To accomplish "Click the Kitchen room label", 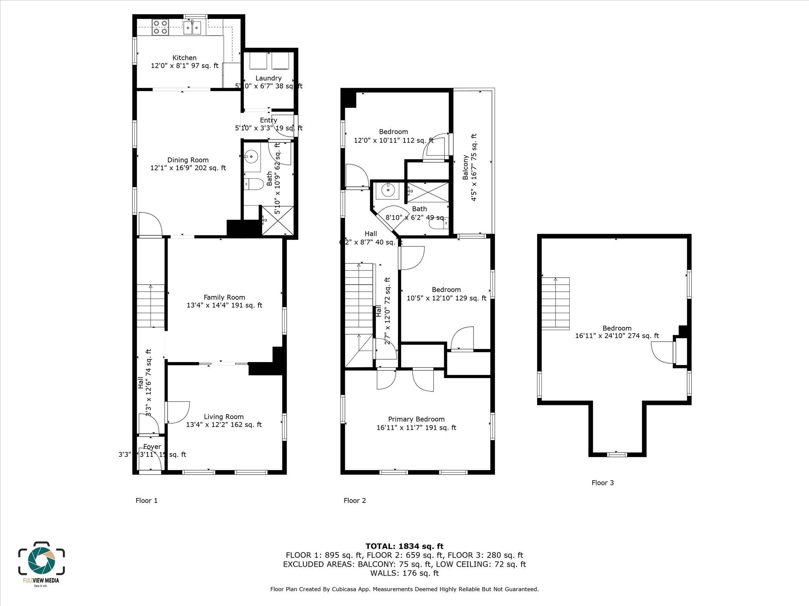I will pos(184,58).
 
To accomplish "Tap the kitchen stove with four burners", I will pos(160,27).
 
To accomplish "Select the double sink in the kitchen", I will pos(192,27).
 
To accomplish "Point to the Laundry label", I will pos(269,78).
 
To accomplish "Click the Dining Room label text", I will pos(188,160).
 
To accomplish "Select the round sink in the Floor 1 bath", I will pos(251,157).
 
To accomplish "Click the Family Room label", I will pos(224,297).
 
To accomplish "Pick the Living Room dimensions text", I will pos(224,425).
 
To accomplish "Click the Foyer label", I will pos(152,447).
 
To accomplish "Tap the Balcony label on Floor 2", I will pos(465,167).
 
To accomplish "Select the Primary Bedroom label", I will pos(416,419).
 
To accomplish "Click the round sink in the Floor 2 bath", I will pos(386,190).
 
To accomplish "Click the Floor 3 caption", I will pos(603,483).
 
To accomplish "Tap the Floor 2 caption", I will pos(354,501).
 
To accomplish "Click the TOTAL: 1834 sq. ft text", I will pos(404,546).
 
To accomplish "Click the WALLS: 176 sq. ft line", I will pos(404,573).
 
